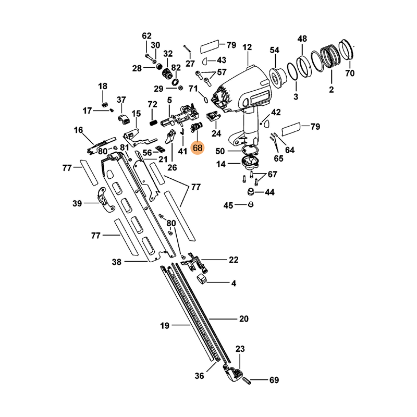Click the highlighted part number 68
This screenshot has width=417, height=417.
[198, 148]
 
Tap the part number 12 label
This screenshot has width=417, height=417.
[247, 47]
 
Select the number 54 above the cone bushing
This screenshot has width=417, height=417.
[275, 50]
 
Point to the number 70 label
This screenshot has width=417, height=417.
[349, 73]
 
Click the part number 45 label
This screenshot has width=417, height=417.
[228, 206]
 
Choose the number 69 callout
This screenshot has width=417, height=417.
[274, 381]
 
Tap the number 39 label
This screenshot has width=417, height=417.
[77, 203]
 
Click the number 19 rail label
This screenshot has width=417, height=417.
[165, 326]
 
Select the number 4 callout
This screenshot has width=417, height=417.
[234, 284]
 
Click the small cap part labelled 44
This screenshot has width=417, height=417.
[251, 192]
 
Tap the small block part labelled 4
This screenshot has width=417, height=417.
[202, 280]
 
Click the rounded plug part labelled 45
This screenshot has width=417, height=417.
[249, 205]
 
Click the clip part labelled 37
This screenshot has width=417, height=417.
[122, 119]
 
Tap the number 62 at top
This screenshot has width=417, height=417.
[146, 36]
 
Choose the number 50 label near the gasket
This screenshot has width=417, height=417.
[220, 151]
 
